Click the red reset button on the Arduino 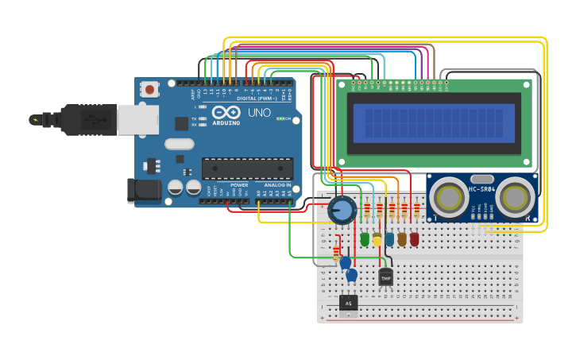click(x=150, y=90)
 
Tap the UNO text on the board click(x=259, y=113)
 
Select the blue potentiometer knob click(x=342, y=211)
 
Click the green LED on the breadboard click(x=365, y=238)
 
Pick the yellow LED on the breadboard click(x=377, y=238)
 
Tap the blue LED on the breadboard click(x=389, y=238)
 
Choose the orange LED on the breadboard click(x=402, y=238)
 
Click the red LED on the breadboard click(x=414, y=238)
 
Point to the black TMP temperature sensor click(x=386, y=277)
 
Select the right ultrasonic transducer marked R click(x=517, y=195)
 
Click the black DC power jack click(x=141, y=191)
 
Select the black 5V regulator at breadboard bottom click(x=348, y=303)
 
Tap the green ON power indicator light click(x=280, y=118)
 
